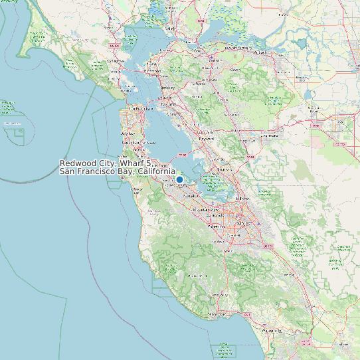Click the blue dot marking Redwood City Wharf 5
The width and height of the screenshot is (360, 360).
(x=179, y=179)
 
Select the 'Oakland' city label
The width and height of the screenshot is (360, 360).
(x=167, y=104)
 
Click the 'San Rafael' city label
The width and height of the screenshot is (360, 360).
(x=116, y=60)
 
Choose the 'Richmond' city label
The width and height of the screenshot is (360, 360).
(x=152, y=71)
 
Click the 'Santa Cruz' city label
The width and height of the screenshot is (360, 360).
(x=217, y=314)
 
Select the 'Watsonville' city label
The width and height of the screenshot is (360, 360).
(x=272, y=330)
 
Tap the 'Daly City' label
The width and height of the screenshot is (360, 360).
(x=128, y=134)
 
